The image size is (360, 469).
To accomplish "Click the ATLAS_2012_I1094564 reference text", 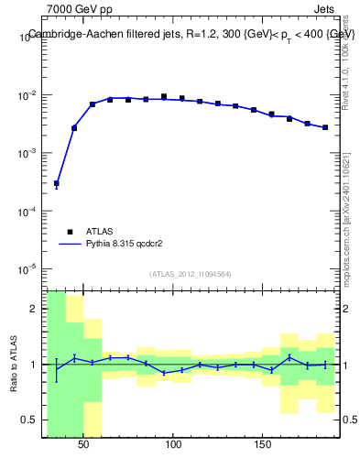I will coord(190,273).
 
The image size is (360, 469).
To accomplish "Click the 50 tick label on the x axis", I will coord(83,444).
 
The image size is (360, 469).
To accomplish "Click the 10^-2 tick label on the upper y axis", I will coord(29,95).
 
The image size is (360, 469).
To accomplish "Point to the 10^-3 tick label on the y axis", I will coord(29,153).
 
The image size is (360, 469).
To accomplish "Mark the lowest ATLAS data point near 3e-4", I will coord(57,183).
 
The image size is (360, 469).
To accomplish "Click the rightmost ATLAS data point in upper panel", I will coord(325,127).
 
